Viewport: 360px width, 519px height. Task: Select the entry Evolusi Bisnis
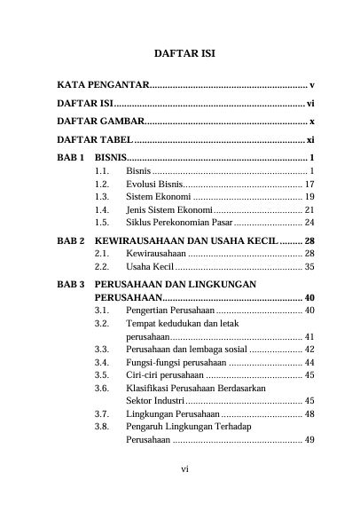[x=154, y=183]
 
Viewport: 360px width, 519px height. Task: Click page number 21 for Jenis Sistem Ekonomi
[x=309, y=209]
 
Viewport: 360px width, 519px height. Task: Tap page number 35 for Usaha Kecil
[x=309, y=265]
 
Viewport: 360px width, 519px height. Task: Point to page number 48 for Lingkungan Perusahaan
[x=309, y=413]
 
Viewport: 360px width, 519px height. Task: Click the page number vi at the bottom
[x=184, y=493]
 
